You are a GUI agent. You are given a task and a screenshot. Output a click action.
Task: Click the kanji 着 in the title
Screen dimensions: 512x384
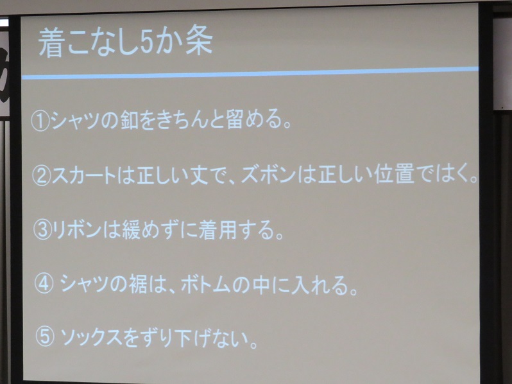50,44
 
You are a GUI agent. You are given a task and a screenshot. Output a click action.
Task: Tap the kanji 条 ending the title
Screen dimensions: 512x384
200,41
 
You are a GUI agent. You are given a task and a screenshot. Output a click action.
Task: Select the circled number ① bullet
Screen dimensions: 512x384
40,121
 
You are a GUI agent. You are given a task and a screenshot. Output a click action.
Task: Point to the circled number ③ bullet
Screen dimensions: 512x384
43,230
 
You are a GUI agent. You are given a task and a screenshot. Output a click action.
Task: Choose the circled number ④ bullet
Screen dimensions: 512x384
44,283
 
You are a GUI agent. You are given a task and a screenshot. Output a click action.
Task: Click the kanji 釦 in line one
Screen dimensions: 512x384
130,121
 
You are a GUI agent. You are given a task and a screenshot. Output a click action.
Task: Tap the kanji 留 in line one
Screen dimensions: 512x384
234,119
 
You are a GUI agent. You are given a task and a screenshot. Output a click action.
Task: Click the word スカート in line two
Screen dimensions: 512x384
85,175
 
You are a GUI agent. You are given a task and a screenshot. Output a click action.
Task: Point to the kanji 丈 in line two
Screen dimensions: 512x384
199,175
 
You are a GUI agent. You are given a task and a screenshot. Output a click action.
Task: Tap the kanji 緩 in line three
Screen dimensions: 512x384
132,229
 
